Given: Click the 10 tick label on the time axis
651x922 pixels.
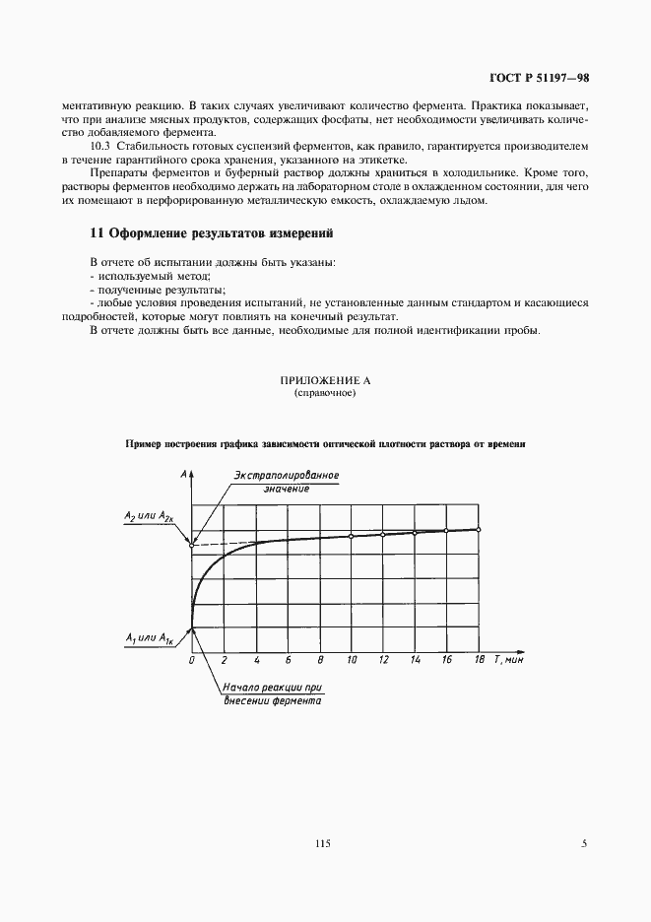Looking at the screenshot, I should pos(352,660).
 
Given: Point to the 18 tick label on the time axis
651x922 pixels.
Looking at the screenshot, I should pos(479,660).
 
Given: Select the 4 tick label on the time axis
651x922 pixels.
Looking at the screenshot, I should pos(256,660).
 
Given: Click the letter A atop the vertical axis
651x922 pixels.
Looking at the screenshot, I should pos(185,475).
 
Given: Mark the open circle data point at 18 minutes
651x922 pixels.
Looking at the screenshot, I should pos(479,529).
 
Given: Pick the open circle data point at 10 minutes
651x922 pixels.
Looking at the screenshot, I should pos(352,536).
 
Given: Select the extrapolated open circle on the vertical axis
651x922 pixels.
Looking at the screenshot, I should pos(192,545).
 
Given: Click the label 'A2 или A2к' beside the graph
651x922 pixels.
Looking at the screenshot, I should pos(150,517).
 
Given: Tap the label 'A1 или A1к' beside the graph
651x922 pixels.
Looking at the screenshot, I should pos(150,639).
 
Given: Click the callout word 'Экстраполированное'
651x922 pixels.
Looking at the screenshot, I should pos(287,476).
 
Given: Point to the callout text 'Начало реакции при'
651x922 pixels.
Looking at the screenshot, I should pos(274,688).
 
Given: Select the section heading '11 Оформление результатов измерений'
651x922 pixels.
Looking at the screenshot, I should pos(212,233).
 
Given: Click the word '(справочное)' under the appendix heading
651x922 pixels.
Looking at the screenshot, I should pos(324,393).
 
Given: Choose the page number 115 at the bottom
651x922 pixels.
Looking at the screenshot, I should pos(324,842).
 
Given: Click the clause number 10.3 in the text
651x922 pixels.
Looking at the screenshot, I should pos(99,146).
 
